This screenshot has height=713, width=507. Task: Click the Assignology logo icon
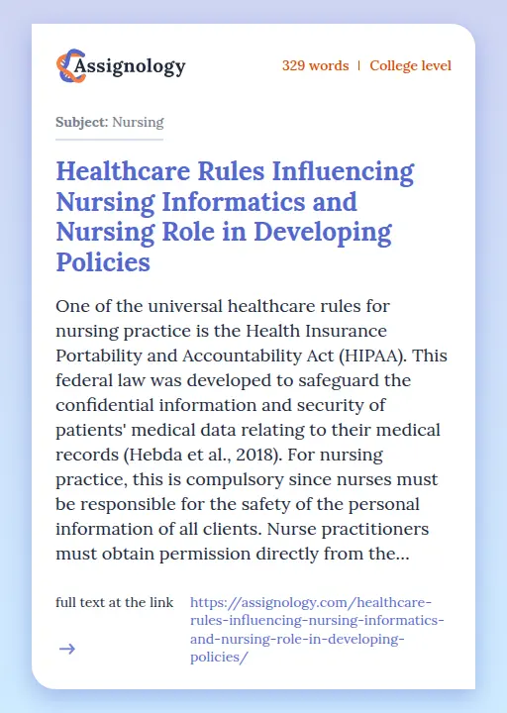click(69, 66)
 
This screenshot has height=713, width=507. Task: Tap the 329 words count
click(315, 66)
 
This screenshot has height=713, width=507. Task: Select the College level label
click(410, 66)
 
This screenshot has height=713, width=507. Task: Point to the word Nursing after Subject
click(138, 123)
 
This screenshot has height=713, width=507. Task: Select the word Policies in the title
click(103, 262)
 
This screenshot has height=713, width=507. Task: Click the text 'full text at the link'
click(115, 602)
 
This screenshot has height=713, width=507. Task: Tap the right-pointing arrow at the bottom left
click(67, 650)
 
